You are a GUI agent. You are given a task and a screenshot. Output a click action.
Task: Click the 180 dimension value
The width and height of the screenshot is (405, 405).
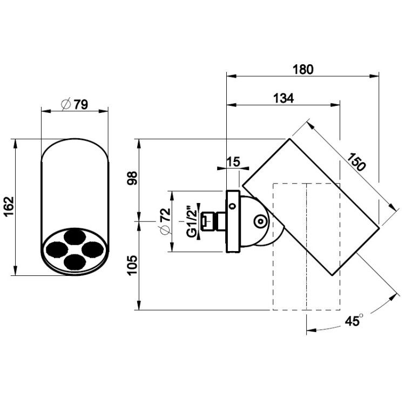(x=303, y=70)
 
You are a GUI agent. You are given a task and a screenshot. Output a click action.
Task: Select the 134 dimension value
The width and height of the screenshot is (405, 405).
(x=283, y=98)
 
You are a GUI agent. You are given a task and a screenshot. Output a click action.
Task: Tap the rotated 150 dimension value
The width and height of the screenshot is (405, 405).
(x=356, y=162)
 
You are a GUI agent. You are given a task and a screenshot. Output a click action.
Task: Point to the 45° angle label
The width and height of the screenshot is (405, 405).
(x=354, y=320)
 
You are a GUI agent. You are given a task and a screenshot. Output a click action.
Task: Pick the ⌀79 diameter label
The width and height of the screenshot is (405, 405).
(x=75, y=104)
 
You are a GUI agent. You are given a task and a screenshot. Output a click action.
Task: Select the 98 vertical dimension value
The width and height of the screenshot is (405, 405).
(x=132, y=178)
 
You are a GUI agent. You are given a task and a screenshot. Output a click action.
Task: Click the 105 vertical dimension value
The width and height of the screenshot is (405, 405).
(x=132, y=266)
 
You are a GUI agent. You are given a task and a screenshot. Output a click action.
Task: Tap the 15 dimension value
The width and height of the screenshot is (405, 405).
(x=233, y=162)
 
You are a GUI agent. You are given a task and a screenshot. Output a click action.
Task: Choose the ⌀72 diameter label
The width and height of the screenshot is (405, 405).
(x=165, y=221)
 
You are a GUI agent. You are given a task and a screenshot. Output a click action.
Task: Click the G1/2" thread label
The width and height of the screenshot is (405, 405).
(x=192, y=221)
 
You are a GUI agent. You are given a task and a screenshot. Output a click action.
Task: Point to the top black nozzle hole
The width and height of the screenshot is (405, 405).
(x=75, y=237)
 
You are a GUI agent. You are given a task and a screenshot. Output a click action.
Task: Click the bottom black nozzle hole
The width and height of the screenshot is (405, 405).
(x=75, y=261)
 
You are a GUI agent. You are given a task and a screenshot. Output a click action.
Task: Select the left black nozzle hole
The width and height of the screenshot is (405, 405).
(x=57, y=249)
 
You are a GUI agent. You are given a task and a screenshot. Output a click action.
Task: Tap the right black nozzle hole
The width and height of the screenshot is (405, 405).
(x=93, y=249)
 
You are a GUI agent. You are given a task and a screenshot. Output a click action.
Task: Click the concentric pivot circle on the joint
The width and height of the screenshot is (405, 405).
(x=261, y=221)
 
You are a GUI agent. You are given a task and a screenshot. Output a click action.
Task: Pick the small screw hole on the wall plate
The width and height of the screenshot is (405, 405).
(x=233, y=206)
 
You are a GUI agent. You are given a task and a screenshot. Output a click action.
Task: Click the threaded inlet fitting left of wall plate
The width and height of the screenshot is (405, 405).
(x=213, y=221)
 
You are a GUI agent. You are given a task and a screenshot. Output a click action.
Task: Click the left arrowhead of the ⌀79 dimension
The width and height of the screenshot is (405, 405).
(x=46, y=111)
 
